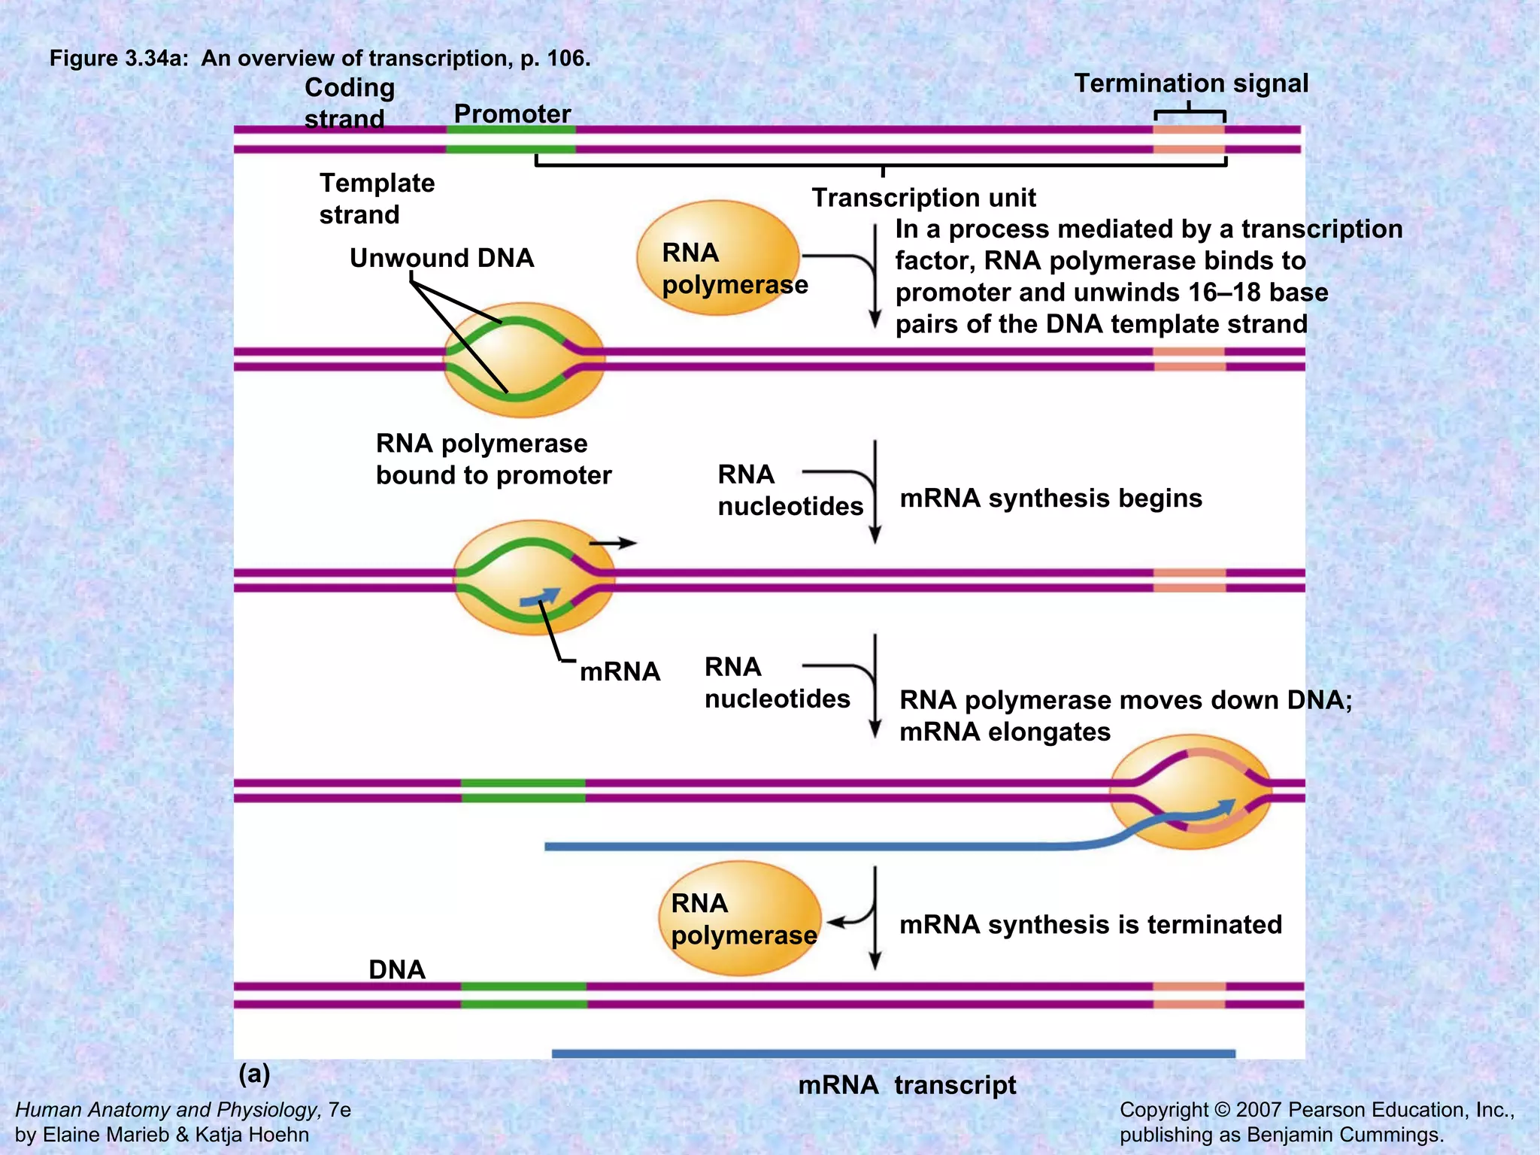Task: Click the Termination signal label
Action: [x=1190, y=83]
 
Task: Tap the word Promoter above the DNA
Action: [x=512, y=114]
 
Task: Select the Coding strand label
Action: [x=349, y=103]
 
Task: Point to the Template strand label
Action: [x=377, y=199]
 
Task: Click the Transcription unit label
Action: [x=923, y=198]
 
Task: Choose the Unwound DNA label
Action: [x=441, y=258]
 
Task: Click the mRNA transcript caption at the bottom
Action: [x=907, y=1085]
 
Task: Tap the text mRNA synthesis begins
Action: [x=1050, y=498]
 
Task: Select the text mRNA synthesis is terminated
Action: [x=1090, y=924]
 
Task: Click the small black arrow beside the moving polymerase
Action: [x=613, y=542]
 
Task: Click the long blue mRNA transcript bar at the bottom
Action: [x=893, y=1053]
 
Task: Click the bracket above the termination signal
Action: [x=1190, y=113]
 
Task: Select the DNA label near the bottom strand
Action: [x=397, y=969]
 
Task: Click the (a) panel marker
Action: [x=254, y=1073]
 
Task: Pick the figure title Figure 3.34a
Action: [x=320, y=58]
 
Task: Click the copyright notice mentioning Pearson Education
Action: [x=1317, y=1121]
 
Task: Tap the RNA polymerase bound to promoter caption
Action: [x=493, y=459]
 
